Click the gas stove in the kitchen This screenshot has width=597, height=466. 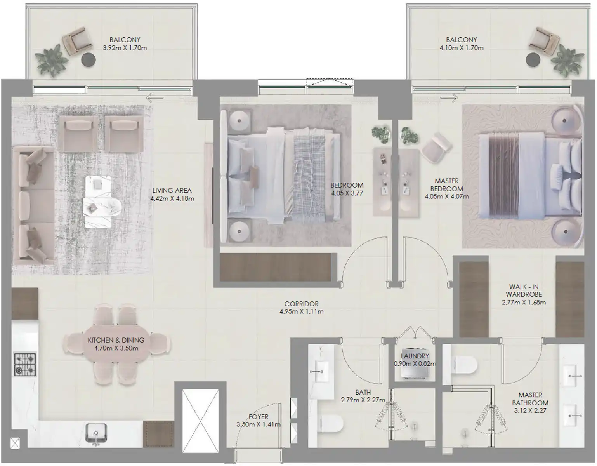pyautogui.click(x=25, y=365)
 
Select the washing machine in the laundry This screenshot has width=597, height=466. pyautogui.click(x=415, y=365)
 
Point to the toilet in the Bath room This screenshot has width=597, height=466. pyautogui.click(x=331, y=423)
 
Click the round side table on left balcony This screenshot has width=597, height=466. pyautogui.click(x=89, y=59)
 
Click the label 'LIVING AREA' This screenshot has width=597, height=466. pyautogui.click(x=172, y=190)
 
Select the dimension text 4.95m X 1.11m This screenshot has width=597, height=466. pyautogui.click(x=301, y=311)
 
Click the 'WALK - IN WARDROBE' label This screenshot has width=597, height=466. pyautogui.click(x=524, y=290)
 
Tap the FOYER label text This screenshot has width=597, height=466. pyautogui.click(x=258, y=417)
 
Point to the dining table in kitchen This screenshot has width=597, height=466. pyautogui.click(x=116, y=344)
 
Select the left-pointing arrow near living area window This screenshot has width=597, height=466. pyautogui.click(x=155, y=97)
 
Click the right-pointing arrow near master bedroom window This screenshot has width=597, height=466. pyautogui.click(x=449, y=97)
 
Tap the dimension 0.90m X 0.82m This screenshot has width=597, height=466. pyautogui.click(x=415, y=363)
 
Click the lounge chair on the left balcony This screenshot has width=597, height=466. pyautogui.click(x=77, y=42)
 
